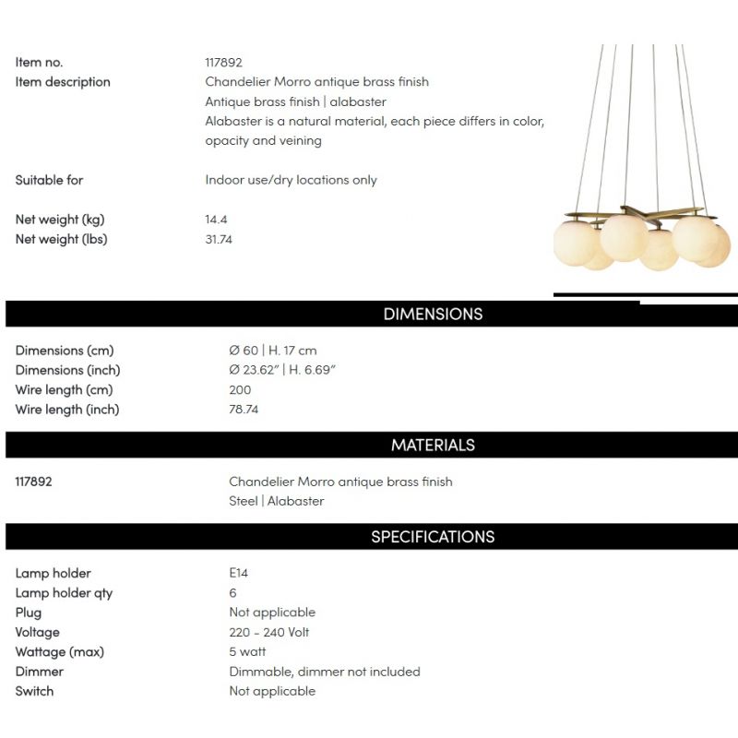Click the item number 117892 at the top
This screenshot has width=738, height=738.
223,63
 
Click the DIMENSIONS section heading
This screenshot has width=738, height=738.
433,314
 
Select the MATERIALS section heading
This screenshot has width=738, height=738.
433,445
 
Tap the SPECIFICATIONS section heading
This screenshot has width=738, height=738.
433,537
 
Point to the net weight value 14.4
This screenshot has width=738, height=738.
216,220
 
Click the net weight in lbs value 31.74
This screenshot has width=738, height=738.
220,239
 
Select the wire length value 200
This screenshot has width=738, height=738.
240,389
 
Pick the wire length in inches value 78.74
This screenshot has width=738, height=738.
244,409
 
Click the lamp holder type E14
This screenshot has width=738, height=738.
238,573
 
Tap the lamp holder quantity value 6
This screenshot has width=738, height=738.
232,592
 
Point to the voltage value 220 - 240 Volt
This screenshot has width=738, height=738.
268,632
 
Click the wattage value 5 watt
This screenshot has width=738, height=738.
247,651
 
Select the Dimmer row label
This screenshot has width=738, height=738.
39,672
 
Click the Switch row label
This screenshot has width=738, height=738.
34,691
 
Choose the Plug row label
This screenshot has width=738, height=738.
28,613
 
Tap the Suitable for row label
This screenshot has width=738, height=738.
49,180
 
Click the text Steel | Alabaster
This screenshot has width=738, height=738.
276,501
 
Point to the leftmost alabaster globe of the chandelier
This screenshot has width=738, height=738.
574,243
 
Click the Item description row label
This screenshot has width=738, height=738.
62,82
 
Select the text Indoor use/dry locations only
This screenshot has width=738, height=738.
291,180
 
